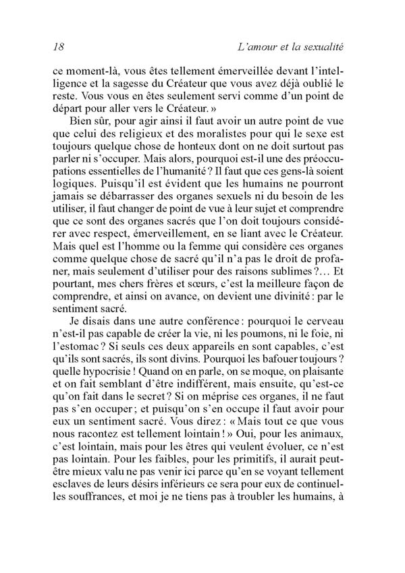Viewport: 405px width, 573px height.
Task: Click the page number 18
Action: [x=57, y=47]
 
